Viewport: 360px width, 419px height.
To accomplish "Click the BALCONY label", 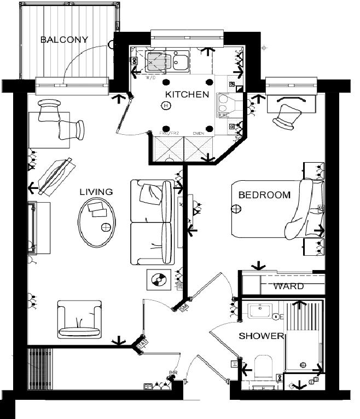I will [x=64, y=39].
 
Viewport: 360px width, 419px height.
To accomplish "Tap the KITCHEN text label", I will [x=187, y=94].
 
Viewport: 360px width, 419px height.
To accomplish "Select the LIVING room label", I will [x=96, y=192].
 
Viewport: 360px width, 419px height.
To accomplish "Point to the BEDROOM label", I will [x=264, y=195].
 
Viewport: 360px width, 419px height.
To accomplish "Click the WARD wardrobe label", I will [x=288, y=286].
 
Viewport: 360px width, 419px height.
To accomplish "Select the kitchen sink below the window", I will [x=179, y=62].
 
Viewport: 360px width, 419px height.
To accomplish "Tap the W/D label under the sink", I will [x=150, y=77].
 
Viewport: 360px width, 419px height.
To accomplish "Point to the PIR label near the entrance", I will [x=173, y=373].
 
